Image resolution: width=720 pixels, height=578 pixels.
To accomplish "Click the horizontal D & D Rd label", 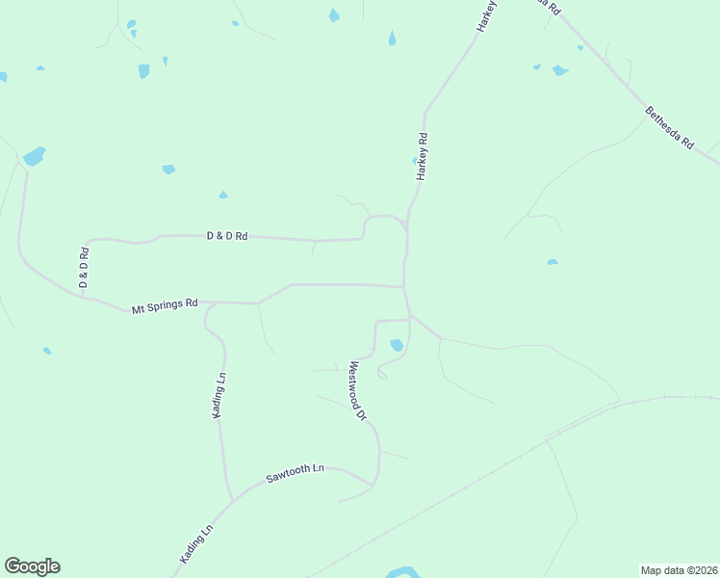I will click(x=227, y=235).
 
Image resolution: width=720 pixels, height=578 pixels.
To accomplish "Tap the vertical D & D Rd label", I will click(x=84, y=268).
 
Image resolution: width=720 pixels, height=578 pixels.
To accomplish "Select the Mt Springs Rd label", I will click(x=165, y=306).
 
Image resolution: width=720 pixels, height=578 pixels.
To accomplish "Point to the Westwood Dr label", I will click(x=358, y=391).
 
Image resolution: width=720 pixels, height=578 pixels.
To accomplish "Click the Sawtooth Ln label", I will click(x=296, y=473).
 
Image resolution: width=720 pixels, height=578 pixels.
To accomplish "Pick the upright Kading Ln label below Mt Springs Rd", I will click(x=220, y=395).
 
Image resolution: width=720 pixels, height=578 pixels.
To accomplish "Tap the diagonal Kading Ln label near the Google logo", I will click(x=195, y=544).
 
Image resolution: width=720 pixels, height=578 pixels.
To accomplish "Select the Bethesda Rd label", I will click(x=670, y=128).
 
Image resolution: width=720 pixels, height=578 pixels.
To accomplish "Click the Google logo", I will click(x=32, y=566).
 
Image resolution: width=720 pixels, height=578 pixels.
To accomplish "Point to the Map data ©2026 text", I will click(x=679, y=569).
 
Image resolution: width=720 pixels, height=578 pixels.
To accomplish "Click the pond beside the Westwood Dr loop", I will click(x=397, y=345).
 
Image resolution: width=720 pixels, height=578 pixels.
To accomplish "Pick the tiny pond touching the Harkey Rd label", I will click(x=415, y=161).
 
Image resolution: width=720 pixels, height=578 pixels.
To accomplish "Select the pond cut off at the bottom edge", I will click(x=402, y=572).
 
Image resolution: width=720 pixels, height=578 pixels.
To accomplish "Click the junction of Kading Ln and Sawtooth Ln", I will click(x=231, y=500).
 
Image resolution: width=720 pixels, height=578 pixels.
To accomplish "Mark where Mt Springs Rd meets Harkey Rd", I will click(x=404, y=287).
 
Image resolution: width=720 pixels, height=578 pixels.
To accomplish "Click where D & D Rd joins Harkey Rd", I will click(x=405, y=226).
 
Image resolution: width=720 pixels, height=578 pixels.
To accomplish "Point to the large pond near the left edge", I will click(x=34, y=156).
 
